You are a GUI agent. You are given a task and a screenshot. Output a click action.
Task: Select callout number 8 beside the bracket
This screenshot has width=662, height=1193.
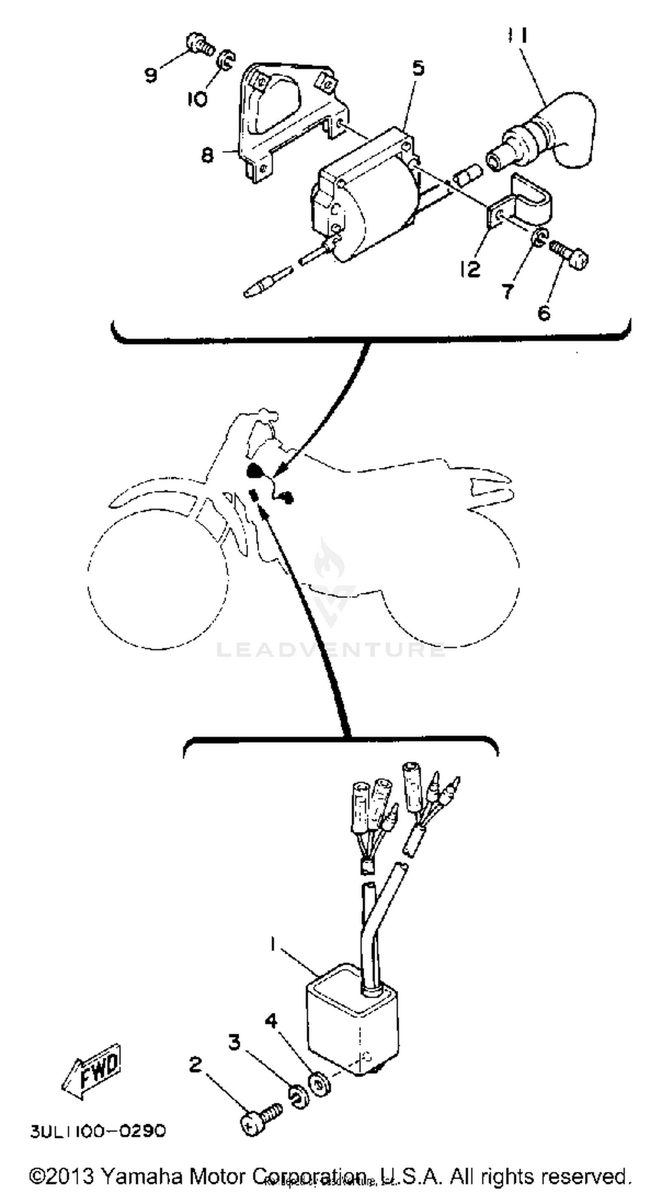tap(208, 154)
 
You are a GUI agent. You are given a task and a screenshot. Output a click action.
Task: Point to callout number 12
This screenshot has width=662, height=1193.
tap(470, 269)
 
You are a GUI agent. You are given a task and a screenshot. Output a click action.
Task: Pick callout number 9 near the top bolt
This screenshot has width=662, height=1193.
tap(151, 75)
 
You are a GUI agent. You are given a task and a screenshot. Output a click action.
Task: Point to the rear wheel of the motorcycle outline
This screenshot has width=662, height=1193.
tap(451, 584)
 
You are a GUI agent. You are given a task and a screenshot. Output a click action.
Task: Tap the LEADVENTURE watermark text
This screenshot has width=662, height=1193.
tap(331, 649)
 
